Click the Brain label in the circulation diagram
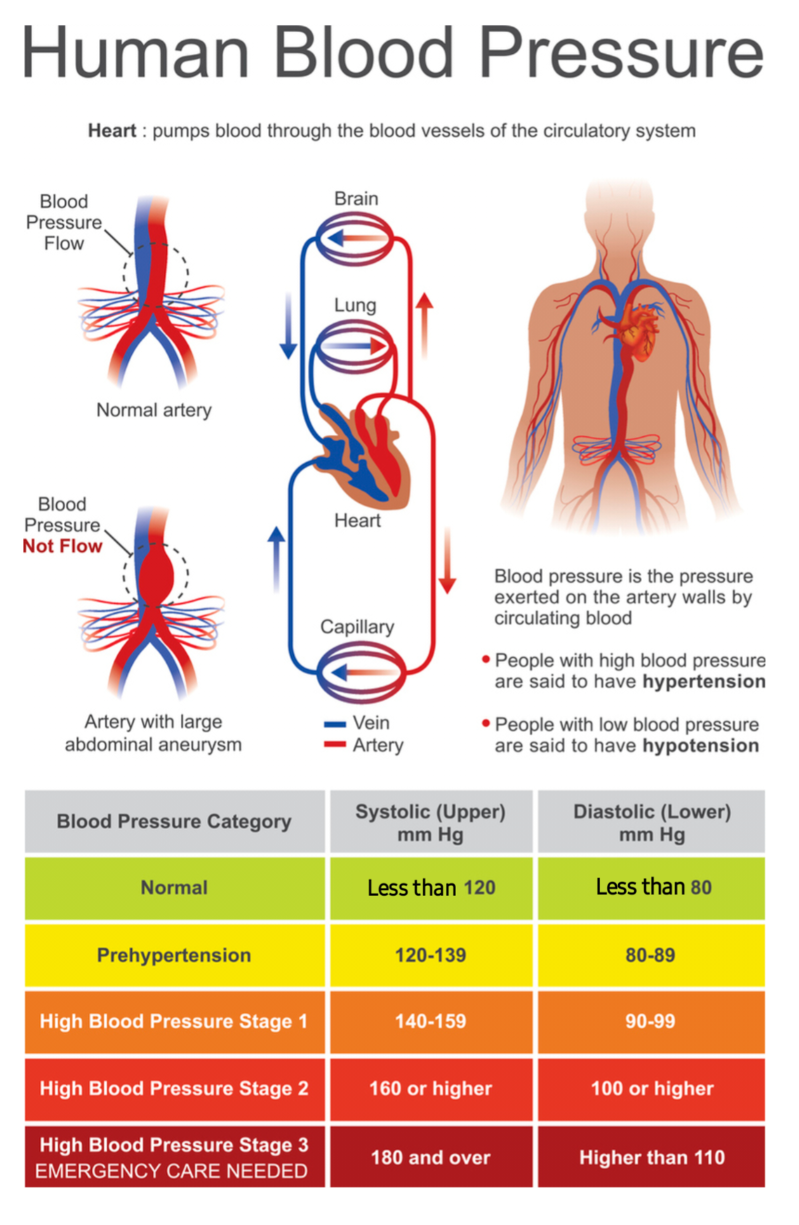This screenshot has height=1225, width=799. tap(356, 199)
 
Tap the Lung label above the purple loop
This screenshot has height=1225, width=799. tap(355, 305)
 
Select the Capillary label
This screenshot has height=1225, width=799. tap(357, 626)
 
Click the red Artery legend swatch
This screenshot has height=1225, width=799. tap(335, 745)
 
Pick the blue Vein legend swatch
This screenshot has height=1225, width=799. tap(335, 724)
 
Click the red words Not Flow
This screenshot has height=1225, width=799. tap(63, 546)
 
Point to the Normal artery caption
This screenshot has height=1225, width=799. tap(154, 410)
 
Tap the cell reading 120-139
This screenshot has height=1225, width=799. tap(431, 955)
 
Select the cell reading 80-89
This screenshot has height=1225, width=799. tap(650, 955)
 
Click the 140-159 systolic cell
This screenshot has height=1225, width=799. tap(431, 1021)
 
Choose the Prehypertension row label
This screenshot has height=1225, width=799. tap(174, 955)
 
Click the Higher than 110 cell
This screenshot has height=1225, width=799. tap(651, 1157)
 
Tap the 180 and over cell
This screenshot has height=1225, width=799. tap(431, 1157)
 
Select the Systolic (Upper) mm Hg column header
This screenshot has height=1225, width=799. tap(431, 823)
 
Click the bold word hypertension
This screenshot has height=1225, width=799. tap(703, 682)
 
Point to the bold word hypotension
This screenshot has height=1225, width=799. tap(701, 746)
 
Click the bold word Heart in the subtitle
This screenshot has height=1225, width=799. tap(112, 131)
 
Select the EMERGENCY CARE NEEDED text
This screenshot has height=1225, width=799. tap(171, 1171)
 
